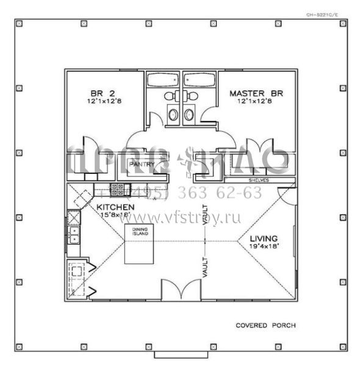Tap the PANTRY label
tap(140, 164)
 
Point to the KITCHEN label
tap(115, 207)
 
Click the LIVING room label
tap(263, 238)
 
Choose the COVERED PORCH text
tap(265, 325)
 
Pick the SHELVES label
tap(259, 181)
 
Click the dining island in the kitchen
tap(139, 244)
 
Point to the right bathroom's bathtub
tap(199, 80)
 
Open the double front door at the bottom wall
tap(180, 290)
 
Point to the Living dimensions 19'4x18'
tap(263, 246)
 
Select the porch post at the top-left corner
tap(19, 24)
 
